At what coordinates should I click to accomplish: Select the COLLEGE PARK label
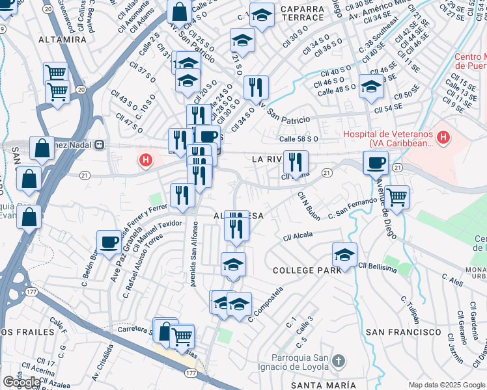point(307,270)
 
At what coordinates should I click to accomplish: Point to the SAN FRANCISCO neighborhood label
point(404,331)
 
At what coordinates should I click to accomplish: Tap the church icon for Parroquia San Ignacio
point(337,360)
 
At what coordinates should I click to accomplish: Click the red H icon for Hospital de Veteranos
point(443,137)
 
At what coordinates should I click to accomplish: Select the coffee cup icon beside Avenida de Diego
point(375,162)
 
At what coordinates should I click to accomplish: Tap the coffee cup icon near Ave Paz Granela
point(109,242)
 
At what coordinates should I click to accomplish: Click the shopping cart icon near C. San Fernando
point(396,196)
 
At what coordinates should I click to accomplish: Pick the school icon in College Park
point(344,254)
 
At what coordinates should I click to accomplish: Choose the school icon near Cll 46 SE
point(371,86)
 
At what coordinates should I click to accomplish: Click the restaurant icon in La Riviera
point(296,162)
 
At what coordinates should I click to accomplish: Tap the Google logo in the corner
point(21,382)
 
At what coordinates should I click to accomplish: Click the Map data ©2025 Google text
point(446,385)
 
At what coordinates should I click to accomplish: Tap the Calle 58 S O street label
point(298,138)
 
